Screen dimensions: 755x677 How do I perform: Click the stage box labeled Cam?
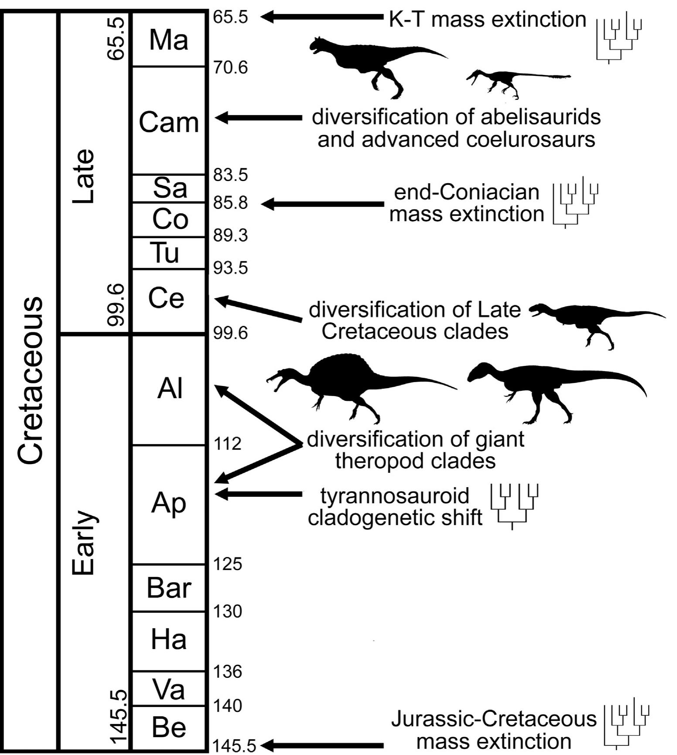(169, 122)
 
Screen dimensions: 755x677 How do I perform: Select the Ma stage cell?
(169, 40)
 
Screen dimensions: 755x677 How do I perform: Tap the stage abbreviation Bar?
(169, 588)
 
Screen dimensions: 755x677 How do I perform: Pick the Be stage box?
(169, 727)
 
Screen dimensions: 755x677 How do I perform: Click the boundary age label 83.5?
(230, 175)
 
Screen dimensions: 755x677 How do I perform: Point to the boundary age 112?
(227, 444)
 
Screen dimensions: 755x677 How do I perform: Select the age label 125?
(227, 564)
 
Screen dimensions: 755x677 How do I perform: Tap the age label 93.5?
(230, 268)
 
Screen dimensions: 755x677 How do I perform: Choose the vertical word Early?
(83, 543)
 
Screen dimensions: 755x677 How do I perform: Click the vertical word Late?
(83, 177)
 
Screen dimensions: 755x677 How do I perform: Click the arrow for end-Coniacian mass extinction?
(323, 204)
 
